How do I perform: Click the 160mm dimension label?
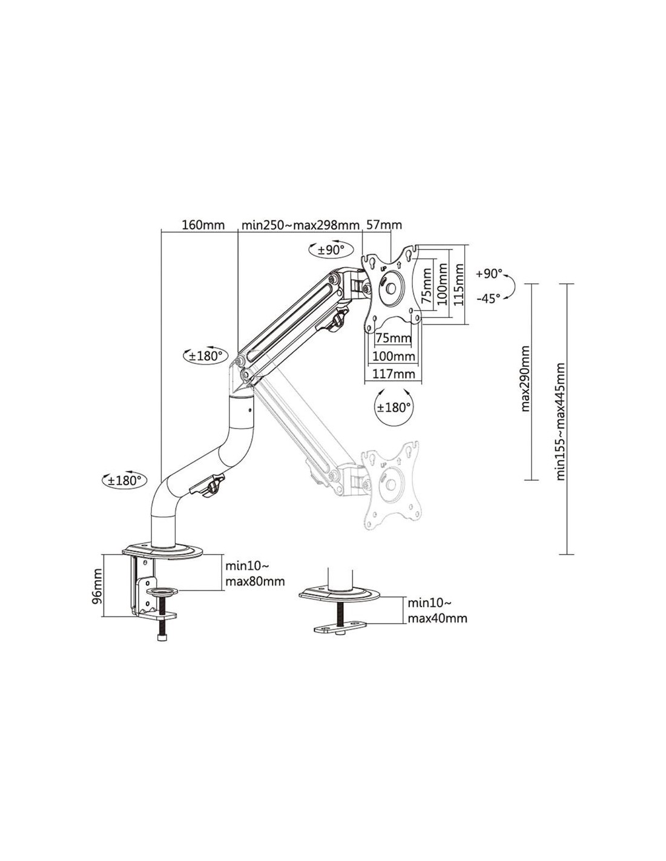tap(203, 225)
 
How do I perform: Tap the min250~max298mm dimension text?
tap(300, 225)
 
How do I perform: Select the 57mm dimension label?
tap(383, 225)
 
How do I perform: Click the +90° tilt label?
tap(489, 274)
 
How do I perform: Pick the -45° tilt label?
tap(488, 299)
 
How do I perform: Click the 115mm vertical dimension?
tap(458, 285)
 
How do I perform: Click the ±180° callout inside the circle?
tap(393, 407)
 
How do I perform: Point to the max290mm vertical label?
tap(525, 379)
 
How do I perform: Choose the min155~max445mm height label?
tap(561, 421)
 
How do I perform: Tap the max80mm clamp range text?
tap(255, 582)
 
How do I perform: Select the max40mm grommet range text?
tap(437, 619)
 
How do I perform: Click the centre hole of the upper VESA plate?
tap(391, 288)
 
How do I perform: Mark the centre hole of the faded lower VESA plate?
tap(391, 484)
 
